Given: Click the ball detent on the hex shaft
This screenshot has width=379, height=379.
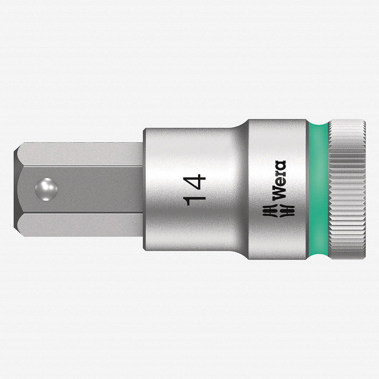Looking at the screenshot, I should [x=46, y=189].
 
